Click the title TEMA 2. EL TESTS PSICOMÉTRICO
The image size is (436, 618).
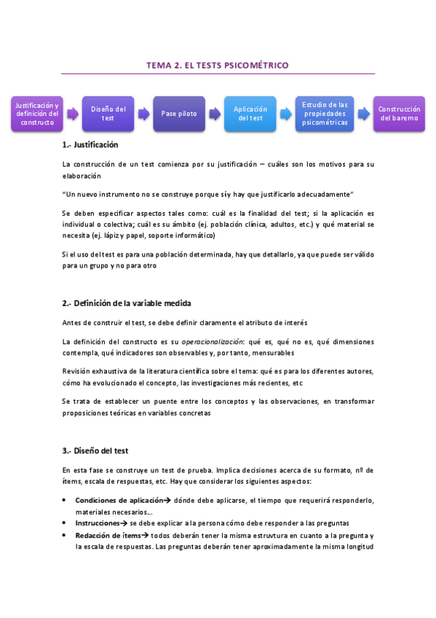[x=218, y=66]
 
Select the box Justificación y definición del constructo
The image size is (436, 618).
[x=37, y=113]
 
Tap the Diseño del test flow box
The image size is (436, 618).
[x=108, y=113]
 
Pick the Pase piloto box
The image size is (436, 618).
[x=179, y=113]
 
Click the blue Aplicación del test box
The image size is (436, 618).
[x=250, y=113]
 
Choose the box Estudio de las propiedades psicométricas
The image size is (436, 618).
[x=325, y=113]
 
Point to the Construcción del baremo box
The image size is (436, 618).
[x=399, y=113]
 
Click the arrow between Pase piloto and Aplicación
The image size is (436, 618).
[x=215, y=114]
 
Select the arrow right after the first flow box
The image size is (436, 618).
[x=72, y=114]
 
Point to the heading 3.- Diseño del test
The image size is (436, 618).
[x=95, y=451]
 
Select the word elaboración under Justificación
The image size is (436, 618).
[x=82, y=176]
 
